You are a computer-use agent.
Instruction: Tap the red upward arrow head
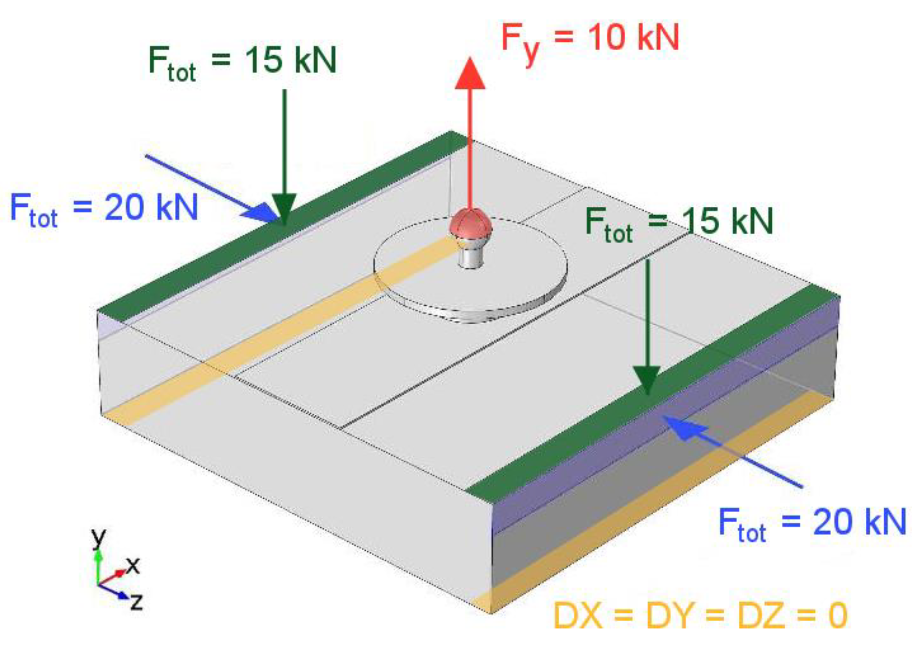tap(470, 75)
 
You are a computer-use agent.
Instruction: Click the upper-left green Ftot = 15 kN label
tap(242, 62)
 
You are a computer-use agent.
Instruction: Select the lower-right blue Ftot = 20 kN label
tap(812, 524)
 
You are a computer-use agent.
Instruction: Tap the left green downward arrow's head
tap(284, 208)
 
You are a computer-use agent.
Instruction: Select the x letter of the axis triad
tap(133, 566)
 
